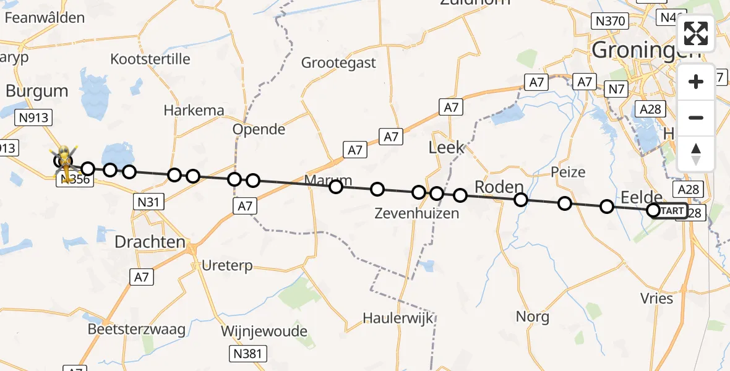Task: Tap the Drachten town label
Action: pyautogui.click(x=150, y=242)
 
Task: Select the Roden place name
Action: pyautogui.click(x=499, y=187)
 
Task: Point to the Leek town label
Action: pyautogui.click(x=446, y=148)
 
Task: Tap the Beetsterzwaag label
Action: pyautogui.click(x=137, y=329)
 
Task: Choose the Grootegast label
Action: pyautogui.click(x=338, y=62)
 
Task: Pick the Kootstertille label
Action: pyautogui.click(x=150, y=59)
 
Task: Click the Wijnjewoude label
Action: pyautogui.click(x=264, y=331)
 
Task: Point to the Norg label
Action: pyautogui.click(x=532, y=317)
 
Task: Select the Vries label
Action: pyautogui.click(x=657, y=298)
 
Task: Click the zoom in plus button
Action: pyautogui.click(x=696, y=82)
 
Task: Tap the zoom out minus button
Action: pyautogui.click(x=696, y=117)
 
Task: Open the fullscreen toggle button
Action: pyautogui.click(x=696, y=33)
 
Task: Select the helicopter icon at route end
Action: pyautogui.click(x=64, y=159)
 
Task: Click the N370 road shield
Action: pyautogui.click(x=609, y=22)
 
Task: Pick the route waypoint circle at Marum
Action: pyautogui.click(x=336, y=186)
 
